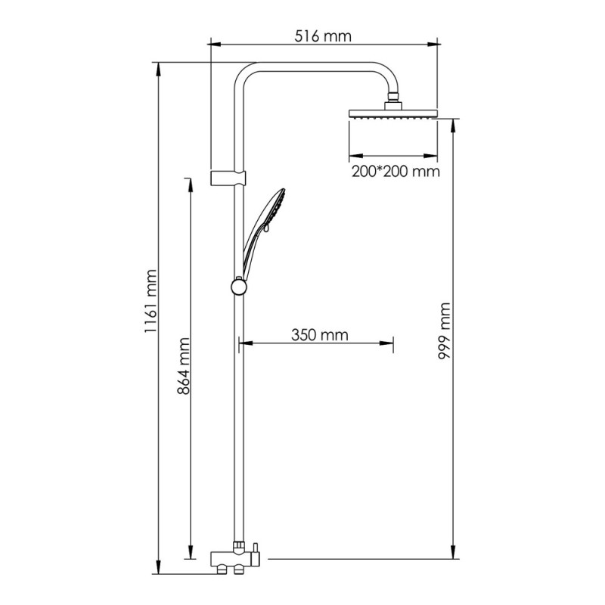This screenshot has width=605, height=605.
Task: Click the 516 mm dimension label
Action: pyautogui.click(x=323, y=36)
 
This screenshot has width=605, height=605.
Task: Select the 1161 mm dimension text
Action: pyautogui.click(x=150, y=301)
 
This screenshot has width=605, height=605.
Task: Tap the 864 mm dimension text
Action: pyautogui.click(x=184, y=366)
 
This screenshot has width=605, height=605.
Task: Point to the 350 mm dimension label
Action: pyautogui.click(x=319, y=334)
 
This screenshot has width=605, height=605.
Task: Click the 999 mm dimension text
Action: pyautogui.click(x=444, y=331)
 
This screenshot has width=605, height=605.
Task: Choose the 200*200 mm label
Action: pyautogui.click(x=396, y=172)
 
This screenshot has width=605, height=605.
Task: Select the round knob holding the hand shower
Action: pyautogui.click(x=239, y=287)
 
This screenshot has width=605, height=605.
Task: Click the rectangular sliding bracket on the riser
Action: pyautogui.click(x=228, y=178)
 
